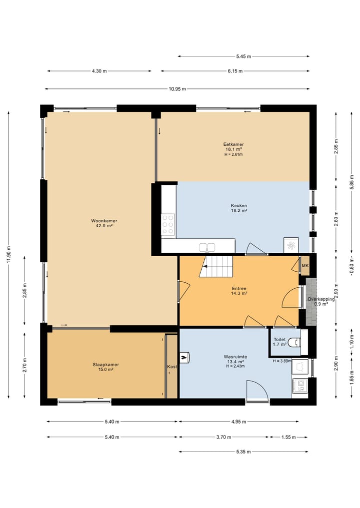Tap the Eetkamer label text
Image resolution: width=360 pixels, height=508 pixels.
[233, 144]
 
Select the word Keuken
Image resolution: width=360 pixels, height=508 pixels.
[239, 205]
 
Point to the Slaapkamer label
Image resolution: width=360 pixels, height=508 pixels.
[105, 364]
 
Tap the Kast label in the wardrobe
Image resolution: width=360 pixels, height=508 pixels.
[171, 367]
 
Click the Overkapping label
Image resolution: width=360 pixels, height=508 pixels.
[321, 299]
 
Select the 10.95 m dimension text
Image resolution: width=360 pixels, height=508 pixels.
[177, 89]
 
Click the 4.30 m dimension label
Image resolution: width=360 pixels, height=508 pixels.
[99, 71]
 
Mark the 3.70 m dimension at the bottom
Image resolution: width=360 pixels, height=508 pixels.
[224, 437]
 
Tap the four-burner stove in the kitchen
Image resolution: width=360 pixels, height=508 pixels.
[168, 224]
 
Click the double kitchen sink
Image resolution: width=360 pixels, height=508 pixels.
[207, 247]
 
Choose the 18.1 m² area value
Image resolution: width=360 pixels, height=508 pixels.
[233, 149]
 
